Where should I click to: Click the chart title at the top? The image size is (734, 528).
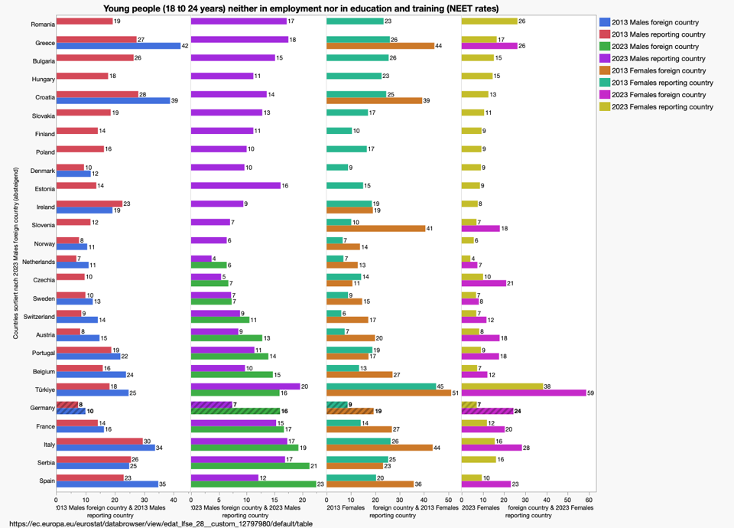coord(300,8)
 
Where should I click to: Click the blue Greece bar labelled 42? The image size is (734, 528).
coord(118,46)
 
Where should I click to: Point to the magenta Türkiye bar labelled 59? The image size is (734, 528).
coord(523,393)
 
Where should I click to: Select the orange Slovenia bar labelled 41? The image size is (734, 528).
coord(375,229)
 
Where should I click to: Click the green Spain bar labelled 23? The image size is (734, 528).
coord(253,484)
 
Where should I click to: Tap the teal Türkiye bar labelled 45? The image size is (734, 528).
coord(381,386)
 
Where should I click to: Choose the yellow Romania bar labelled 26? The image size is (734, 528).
coord(489,21)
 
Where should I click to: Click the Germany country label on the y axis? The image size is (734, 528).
coord(41,408)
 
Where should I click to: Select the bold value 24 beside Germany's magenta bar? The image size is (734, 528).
coord(518,411)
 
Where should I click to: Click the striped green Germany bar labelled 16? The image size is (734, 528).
coord(234,411)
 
